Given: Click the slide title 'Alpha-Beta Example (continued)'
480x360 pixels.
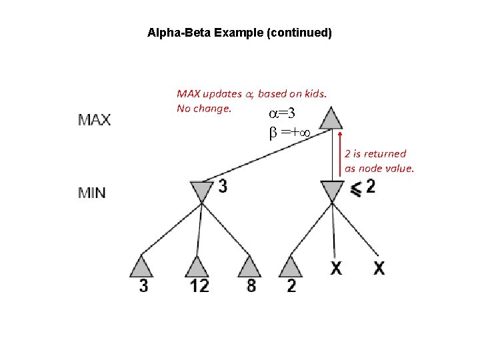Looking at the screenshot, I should click(239, 32).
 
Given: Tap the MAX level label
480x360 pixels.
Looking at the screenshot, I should click(95, 121).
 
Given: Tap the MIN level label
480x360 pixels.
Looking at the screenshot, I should click(92, 193).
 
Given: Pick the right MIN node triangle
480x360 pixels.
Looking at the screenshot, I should click(332, 191).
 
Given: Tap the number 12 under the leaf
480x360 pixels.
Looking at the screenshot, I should click(199, 286).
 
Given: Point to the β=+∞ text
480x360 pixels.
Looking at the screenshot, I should click(292, 133).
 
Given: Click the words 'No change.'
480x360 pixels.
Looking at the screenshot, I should click(204, 108).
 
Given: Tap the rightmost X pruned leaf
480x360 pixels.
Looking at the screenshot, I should click(379, 268).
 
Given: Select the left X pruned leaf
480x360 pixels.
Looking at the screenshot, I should click(337, 268).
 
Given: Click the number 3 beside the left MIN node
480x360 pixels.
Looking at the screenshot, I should click(223, 187).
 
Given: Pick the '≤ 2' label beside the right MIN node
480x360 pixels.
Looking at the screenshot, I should click(363, 187).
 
